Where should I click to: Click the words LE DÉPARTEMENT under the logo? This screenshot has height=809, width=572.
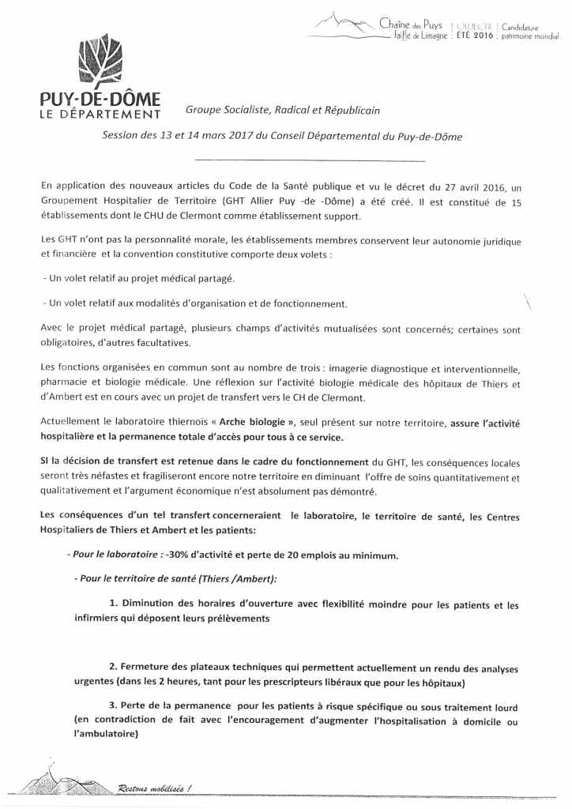coord(100,115)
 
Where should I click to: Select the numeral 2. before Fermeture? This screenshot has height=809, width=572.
coord(114,668)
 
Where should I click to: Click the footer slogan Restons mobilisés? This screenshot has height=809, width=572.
coord(154,788)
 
